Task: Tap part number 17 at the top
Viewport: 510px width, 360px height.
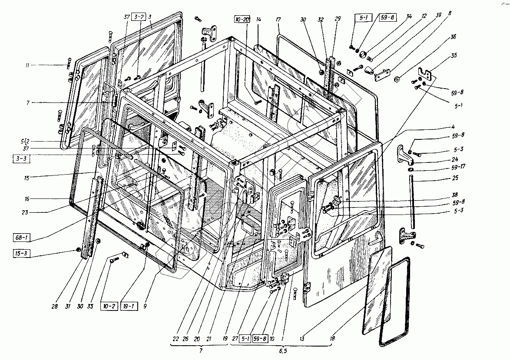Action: click(x=278, y=20)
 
